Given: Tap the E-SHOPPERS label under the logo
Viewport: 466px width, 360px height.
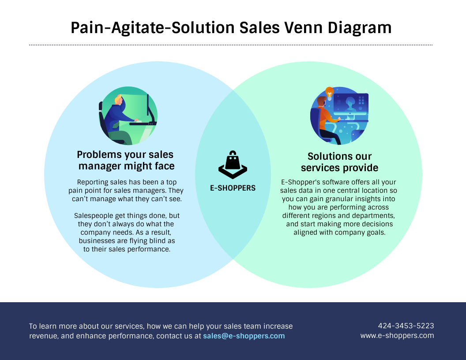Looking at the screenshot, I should [233, 188].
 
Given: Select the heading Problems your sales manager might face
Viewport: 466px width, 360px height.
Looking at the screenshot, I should [126, 161].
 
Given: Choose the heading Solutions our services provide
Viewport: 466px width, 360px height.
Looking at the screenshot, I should [339, 162].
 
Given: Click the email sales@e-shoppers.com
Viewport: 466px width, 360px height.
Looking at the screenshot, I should [244, 336].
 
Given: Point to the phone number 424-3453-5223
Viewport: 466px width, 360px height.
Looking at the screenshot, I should [406, 326].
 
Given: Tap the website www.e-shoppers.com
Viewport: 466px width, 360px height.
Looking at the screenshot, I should [397, 335].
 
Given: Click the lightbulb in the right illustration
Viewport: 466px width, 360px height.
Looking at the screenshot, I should [329, 93].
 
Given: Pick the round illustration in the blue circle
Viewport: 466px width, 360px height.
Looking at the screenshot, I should [128, 116].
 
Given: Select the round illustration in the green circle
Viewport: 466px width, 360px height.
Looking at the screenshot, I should [339, 116].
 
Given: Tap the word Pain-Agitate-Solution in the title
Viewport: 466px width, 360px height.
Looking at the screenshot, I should [153, 28].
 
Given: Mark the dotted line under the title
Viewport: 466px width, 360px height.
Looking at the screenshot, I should [230, 45].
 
